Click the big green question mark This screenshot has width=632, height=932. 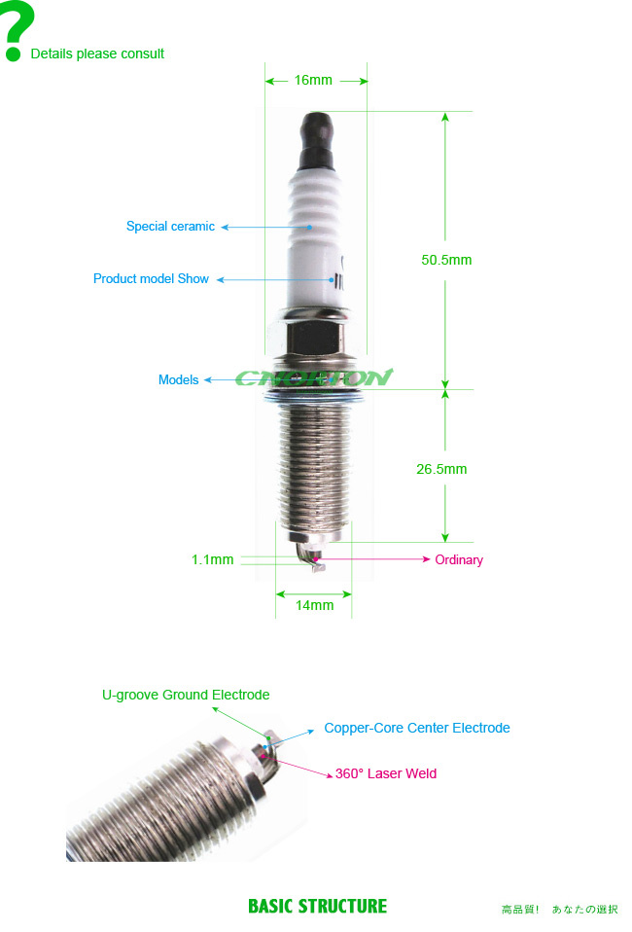18,30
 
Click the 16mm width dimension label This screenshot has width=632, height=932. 313,80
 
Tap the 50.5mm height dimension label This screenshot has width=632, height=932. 446,260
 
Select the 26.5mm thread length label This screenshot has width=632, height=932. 441,469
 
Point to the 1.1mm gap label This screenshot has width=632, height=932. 212,559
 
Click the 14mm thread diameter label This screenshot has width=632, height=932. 314,605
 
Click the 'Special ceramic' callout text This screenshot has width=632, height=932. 170,227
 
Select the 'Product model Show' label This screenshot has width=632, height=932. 151,279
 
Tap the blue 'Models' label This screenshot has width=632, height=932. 178,379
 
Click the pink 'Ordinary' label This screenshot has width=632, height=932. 459,560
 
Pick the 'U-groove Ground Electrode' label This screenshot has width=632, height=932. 186,695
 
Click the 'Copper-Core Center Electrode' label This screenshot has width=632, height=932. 417,728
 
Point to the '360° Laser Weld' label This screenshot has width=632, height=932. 385,773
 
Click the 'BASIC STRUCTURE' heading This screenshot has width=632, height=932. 317,906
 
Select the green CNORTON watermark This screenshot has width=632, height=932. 314,376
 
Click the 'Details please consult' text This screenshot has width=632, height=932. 97,54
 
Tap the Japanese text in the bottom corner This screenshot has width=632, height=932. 559,910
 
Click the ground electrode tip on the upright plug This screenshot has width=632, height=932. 318,565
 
